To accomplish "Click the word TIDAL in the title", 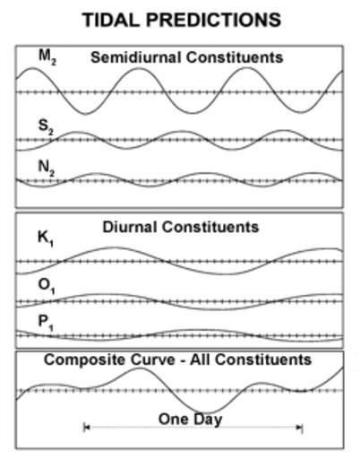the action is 111,20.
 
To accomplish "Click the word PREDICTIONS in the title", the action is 213,20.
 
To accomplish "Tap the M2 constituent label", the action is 47,56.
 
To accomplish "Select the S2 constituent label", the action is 46,126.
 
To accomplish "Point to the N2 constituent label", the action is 47,168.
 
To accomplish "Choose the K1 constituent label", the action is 46,238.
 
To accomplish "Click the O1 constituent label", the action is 47,285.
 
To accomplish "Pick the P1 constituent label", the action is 46,323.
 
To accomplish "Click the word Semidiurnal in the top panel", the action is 136,57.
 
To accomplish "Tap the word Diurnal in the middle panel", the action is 131,227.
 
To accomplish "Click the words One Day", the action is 190,420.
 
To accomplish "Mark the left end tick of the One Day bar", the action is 85,428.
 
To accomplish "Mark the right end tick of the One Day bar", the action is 302,428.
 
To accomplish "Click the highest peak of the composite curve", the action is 139,368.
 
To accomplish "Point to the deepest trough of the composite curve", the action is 206,413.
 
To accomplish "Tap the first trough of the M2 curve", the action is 86,114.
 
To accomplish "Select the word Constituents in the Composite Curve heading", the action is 263,359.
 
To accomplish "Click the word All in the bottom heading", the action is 201,359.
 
